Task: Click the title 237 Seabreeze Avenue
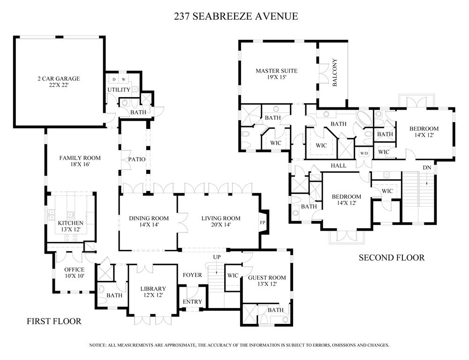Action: click(x=235, y=16)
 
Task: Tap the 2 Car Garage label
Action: click(x=59, y=82)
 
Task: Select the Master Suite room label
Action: click(x=276, y=74)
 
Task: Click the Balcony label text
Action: click(x=335, y=73)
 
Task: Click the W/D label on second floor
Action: click(x=364, y=153)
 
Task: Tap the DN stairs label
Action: click(x=427, y=167)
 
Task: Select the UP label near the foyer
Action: click(x=217, y=257)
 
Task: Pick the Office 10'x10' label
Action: click(x=74, y=273)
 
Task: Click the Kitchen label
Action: click(x=71, y=226)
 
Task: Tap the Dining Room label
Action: click(x=149, y=221)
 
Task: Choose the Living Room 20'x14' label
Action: click(x=220, y=221)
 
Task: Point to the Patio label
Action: click(x=136, y=159)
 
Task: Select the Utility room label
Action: click(x=119, y=90)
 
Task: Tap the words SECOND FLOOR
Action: click(x=391, y=257)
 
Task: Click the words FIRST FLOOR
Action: click(x=54, y=321)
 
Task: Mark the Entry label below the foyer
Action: click(x=192, y=301)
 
